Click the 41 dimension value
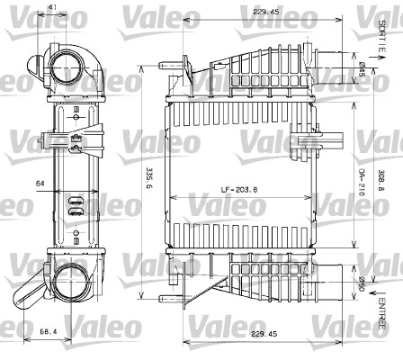click(x=54, y=8)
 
